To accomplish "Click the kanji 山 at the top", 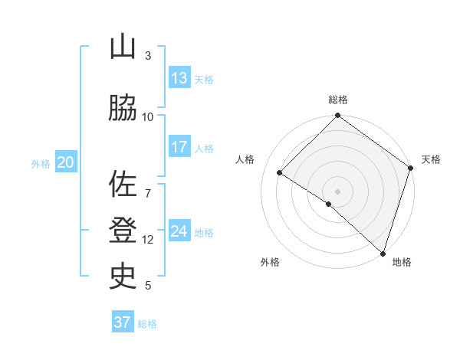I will pyautogui.click(x=123, y=47).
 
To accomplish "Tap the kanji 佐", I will pyautogui.click(x=123, y=185).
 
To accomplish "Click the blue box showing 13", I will pyautogui.click(x=179, y=78).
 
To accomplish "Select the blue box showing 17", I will pyautogui.click(x=179, y=147).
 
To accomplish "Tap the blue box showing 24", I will pyautogui.click(x=179, y=231).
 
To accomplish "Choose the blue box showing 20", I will pyautogui.click(x=65, y=162).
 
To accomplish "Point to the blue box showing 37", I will pyautogui.click(x=122, y=322).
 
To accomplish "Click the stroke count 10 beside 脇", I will pyautogui.click(x=148, y=116).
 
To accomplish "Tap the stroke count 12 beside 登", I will pyautogui.click(x=148, y=239).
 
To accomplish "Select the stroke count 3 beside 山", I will pyautogui.click(x=148, y=55).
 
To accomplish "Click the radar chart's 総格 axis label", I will pyautogui.click(x=337, y=100).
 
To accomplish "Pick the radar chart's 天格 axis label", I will pyautogui.click(x=431, y=159).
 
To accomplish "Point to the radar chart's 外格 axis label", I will pyautogui.click(x=270, y=262).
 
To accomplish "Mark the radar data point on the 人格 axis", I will pyautogui.click(x=280, y=173).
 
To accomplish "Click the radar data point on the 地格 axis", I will pyautogui.click(x=383, y=253).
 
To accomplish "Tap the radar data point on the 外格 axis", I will pyautogui.click(x=329, y=204).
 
